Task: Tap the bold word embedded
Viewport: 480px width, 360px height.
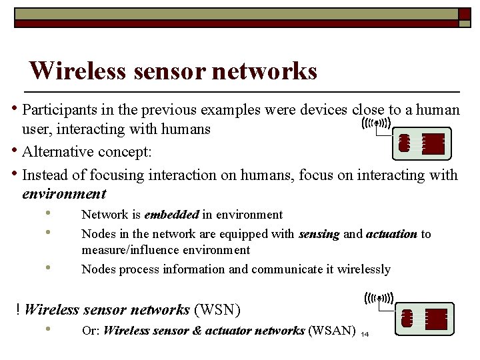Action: pyautogui.click(x=171, y=215)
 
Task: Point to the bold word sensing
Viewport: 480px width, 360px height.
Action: pyautogui.click(x=319, y=234)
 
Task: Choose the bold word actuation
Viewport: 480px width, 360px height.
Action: pyautogui.click(x=391, y=234)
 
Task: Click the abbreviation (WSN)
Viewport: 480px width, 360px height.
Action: pyautogui.click(x=217, y=309)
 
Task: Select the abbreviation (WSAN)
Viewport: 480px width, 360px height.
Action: pyautogui.click(x=331, y=331)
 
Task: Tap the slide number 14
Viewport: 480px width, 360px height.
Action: pyautogui.click(x=364, y=334)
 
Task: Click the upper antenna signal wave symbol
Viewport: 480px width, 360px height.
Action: pyautogui.click(x=376, y=123)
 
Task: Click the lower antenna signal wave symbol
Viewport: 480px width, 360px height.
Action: pyautogui.click(x=379, y=298)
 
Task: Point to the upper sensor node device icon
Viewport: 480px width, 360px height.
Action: pyautogui.click(x=421, y=144)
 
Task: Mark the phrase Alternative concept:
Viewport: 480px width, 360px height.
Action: pyautogui.click(x=87, y=152)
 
